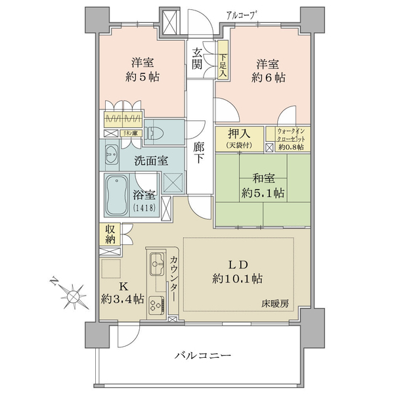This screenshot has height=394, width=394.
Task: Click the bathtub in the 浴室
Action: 117,196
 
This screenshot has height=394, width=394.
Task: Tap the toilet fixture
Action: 153,133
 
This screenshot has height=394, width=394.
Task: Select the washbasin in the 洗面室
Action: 112,155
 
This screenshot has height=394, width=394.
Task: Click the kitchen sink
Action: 158,263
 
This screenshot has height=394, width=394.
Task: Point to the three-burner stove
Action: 156,305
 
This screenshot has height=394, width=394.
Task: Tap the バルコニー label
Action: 202,355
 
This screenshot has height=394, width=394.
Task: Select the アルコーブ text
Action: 242,16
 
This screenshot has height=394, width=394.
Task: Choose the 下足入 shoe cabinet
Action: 223,60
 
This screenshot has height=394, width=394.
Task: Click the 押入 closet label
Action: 239,139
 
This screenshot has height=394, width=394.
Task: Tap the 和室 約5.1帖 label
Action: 263,186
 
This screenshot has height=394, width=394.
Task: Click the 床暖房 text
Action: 275,304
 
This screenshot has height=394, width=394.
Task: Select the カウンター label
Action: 173,278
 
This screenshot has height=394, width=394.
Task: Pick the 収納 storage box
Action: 110,234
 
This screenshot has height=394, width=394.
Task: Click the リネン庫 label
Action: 131,133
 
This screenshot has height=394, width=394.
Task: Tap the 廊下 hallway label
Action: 199,152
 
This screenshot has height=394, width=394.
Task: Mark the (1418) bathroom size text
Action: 144,208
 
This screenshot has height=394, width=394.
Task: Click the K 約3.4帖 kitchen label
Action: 123,292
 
